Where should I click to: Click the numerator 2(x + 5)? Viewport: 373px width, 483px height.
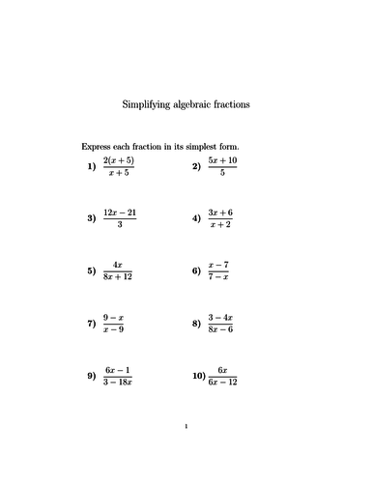tap(123, 159)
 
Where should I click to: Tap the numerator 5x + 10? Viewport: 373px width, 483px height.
tap(223, 159)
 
